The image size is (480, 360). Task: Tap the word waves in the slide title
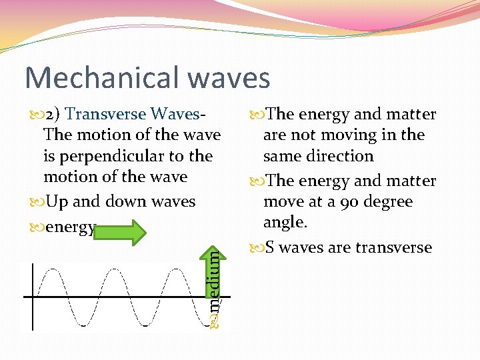229,77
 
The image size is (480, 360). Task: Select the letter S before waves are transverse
269,248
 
